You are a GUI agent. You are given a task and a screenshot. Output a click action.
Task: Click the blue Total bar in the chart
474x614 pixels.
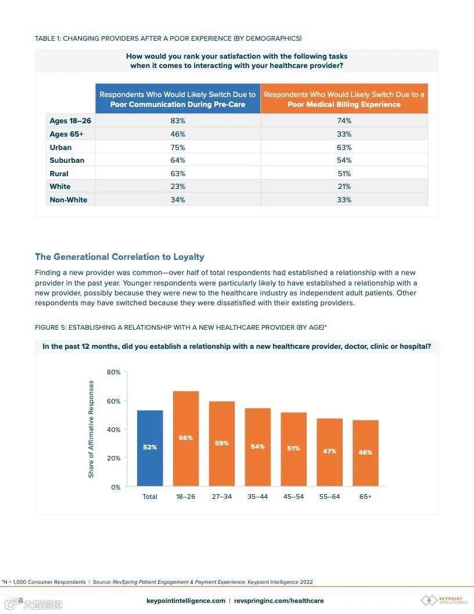150,448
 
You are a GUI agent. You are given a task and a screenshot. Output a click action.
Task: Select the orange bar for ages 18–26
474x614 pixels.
186,438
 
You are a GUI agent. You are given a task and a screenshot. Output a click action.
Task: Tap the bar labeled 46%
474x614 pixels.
365,453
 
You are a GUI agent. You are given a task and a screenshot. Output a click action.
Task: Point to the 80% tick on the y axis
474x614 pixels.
113,372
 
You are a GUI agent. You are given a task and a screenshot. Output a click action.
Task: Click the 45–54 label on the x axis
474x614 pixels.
293,497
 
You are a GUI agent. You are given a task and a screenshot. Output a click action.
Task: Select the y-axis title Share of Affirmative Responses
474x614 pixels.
91,429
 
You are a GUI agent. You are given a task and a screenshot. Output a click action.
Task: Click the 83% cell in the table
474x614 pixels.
178,121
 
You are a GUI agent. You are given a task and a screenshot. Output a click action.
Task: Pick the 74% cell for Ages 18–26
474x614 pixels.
344,121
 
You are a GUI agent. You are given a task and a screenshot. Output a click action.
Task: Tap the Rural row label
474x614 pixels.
59,174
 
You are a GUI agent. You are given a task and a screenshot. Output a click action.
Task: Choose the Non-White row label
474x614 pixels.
69,200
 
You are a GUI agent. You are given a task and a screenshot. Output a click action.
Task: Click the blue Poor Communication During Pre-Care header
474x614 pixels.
178,99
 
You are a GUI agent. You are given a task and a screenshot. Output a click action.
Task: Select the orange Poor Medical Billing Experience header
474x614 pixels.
344,99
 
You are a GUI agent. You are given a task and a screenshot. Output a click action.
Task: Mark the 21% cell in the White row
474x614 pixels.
344,187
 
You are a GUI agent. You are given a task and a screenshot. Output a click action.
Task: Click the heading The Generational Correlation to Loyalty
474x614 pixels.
120,256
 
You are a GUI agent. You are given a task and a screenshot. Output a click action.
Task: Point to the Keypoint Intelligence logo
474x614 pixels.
444,600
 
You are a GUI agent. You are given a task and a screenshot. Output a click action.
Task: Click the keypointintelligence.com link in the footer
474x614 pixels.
186,601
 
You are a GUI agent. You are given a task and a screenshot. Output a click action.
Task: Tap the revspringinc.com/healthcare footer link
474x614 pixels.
279,601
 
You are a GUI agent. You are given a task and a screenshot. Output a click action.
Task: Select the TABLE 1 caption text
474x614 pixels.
168,38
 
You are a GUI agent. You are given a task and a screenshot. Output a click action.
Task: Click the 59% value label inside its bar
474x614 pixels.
222,443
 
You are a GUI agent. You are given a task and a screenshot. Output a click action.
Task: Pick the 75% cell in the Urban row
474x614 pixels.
178,148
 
